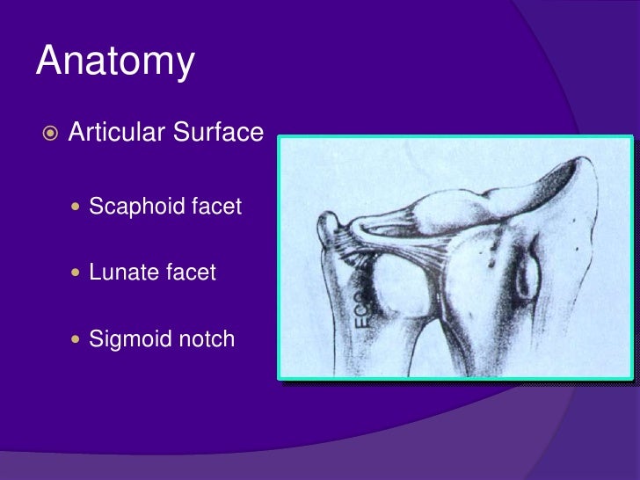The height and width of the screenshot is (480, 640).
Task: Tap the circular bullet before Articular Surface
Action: tap(51, 134)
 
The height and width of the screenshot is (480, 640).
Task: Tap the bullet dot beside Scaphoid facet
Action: tap(76, 208)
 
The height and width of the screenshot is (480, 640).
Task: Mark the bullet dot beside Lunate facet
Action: tap(76, 273)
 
